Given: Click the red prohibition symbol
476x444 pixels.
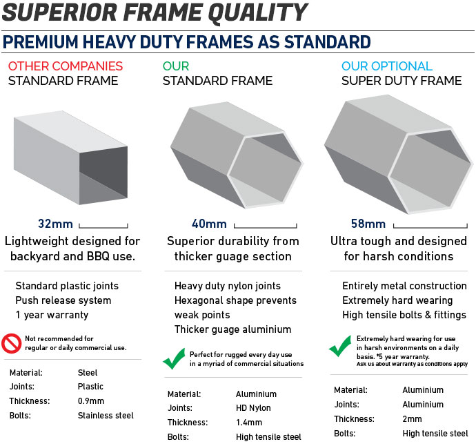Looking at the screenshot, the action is pos(11,343).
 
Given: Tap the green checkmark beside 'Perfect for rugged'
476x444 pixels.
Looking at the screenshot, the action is pos(174,358).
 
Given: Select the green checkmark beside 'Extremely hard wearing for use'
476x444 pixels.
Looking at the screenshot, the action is pos(340,346).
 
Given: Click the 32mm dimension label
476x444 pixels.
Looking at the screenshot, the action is pos(55,224).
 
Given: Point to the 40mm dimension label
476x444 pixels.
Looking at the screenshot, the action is pos(209,224).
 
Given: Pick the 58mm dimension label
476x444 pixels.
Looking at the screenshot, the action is pos(368,224).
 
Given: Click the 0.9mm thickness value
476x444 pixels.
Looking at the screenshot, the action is pos(91,401).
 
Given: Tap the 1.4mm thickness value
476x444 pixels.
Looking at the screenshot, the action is pos(249,422).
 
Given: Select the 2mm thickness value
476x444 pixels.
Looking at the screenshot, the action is pos(412,418).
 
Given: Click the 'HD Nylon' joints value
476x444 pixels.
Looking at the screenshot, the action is pos(253,408).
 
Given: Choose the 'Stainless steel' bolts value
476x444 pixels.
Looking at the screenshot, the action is pos(106,416).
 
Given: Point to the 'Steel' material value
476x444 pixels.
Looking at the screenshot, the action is pos(88,373).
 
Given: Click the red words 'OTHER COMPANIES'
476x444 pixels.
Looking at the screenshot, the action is pos(66,66).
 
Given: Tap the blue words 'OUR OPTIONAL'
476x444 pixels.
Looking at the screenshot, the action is pos(387,66).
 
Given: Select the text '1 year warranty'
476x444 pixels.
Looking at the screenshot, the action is pos(52,315).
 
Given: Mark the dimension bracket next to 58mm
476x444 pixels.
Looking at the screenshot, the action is pos(430,226).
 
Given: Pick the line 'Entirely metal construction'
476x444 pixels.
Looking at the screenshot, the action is pos(404,286).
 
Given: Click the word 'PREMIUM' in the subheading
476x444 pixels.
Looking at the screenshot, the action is pos(41,42).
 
